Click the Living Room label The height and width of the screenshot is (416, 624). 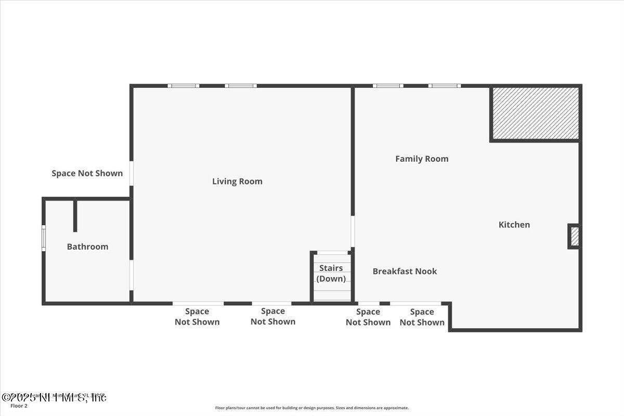point(237,181)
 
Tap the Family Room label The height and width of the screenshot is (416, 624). point(422,159)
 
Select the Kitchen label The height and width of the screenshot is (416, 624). point(514,225)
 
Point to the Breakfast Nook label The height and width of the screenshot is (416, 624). point(405,271)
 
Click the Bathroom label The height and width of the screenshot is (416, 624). point(87,246)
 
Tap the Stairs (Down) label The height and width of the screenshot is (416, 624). point(331,274)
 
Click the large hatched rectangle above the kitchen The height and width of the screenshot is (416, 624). point(535,113)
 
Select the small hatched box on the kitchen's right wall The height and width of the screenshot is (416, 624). point(574,237)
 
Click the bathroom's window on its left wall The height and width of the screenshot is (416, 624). point(44,238)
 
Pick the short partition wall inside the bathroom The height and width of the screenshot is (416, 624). point(75,216)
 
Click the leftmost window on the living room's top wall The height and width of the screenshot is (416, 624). point(183,86)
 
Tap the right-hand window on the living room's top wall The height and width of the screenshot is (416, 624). point(241,86)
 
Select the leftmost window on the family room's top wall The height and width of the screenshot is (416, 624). point(388,86)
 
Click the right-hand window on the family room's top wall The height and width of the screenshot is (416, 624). point(445,86)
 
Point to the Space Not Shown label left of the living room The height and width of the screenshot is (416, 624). point(87,173)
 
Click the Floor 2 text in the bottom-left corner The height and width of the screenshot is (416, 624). point(19,406)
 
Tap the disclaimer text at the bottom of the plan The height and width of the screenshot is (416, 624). point(312,408)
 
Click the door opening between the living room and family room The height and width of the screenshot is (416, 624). point(353,232)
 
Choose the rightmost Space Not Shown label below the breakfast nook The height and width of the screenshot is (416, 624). point(422,317)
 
